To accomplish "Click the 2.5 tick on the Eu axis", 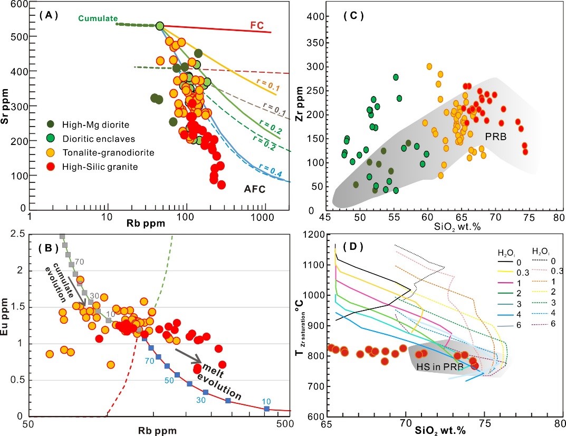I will point(17,235).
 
